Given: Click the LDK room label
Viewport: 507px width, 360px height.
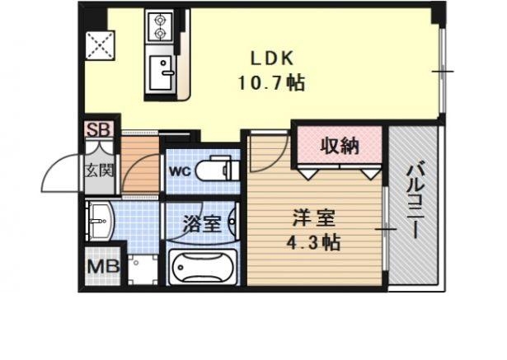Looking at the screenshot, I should [x=271, y=59].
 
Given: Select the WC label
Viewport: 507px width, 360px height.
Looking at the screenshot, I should [x=181, y=171].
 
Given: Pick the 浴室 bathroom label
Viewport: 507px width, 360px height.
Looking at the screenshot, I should [x=200, y=223].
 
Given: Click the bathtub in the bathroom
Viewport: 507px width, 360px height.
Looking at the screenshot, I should [x=202, y=267].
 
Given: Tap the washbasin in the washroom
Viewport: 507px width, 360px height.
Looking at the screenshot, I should [x=101, y=219].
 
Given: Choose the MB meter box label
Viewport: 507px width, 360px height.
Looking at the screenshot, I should [x=101, y=268].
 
